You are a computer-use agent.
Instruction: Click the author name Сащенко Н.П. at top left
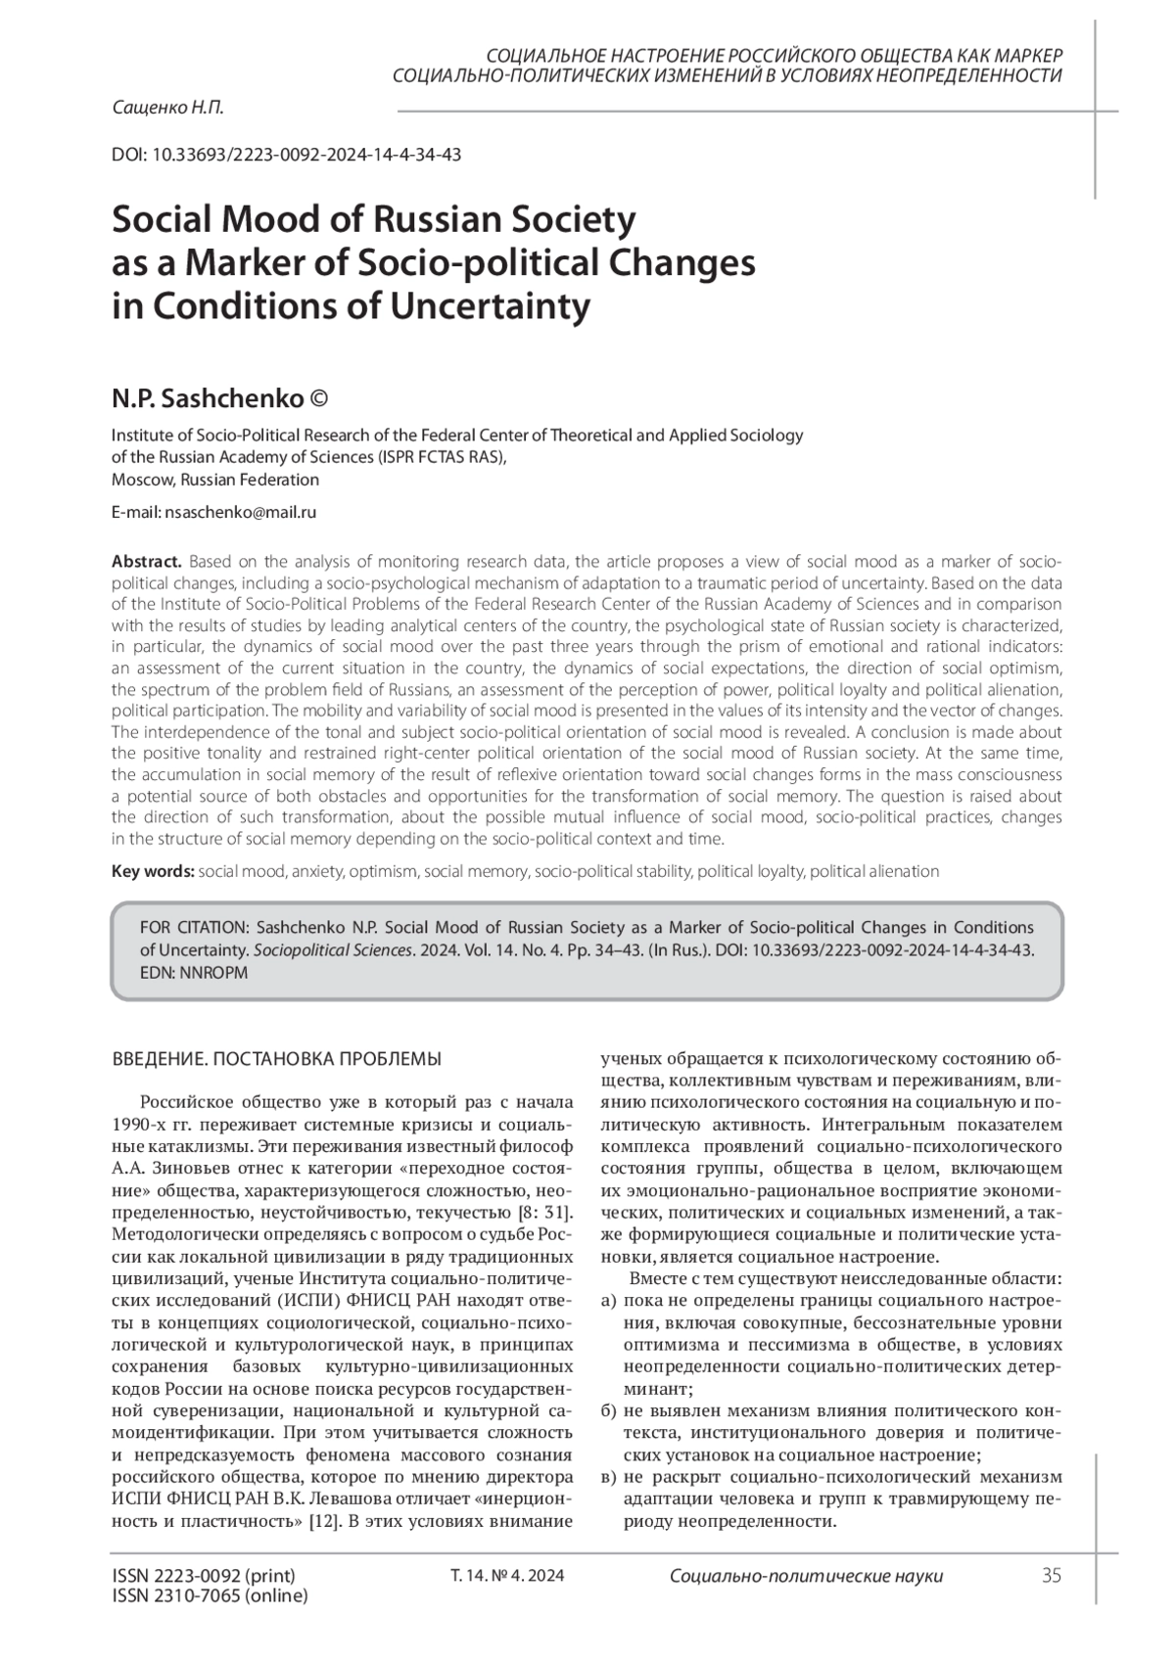(167, 109)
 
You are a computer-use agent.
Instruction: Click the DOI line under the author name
(287, 155)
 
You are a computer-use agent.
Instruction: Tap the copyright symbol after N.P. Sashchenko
(319, 399)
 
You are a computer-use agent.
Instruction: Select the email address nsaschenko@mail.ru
(241, 512)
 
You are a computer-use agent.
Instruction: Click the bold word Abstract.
(147, 562)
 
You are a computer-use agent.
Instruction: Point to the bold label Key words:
(153, 871)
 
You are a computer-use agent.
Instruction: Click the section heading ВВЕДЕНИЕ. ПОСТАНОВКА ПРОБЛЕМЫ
(277, 1059)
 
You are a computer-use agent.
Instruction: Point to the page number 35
(1052, 1576)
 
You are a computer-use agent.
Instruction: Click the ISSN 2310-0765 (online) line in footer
(211, 1595)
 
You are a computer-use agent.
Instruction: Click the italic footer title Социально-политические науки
(807, 1576)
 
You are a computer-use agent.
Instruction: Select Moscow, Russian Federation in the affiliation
(215, 480)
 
